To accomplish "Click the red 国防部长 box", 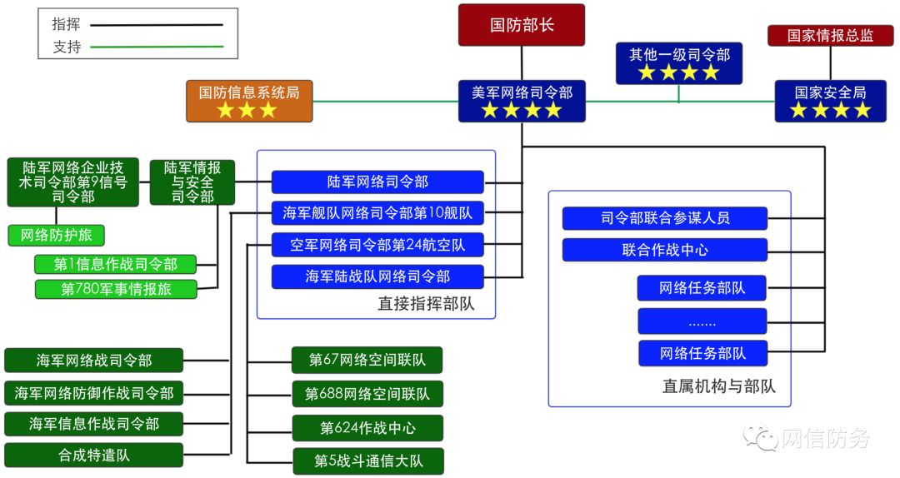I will pos(522,25).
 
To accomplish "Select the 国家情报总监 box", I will pos(830,36).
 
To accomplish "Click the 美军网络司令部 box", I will pos(522,101).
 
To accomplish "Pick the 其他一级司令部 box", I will pos(679,63).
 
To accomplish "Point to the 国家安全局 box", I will pos(830,101).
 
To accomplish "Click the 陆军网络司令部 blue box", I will pos(377,182).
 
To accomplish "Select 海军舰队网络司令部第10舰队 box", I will pos(377,213).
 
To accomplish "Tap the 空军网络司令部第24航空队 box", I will pos(377,245).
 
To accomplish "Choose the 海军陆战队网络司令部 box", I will pos(377,276).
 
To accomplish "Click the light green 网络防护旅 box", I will pos(57,236).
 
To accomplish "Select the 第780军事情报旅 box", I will pos(116,289).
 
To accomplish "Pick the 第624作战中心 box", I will pos(367,428).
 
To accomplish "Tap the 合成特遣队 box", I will pos(93,455).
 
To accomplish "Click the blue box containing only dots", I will pos(702,321).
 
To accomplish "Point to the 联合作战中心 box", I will pos(664,250).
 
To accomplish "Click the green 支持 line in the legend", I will pos(157,47).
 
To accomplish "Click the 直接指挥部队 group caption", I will pos(426,304).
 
